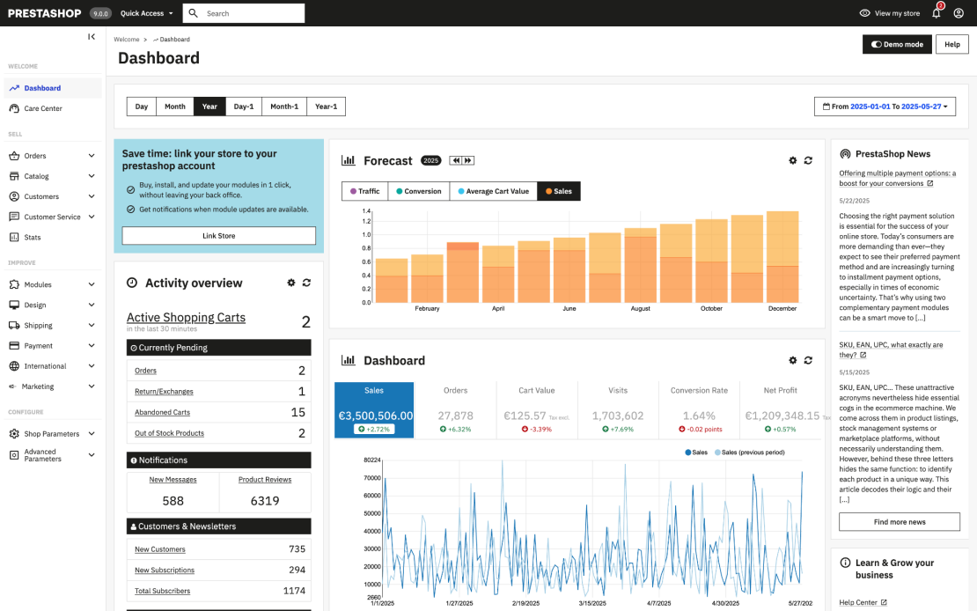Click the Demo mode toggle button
point(897,44)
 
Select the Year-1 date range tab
point(326,107)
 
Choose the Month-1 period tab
point(283,107)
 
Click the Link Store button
point(218,236)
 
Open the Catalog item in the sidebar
point(36,176)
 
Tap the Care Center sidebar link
point(42,108)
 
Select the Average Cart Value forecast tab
point(493,191)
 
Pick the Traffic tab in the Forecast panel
point(364,191)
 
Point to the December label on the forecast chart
point(782,309)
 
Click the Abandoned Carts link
point(162,412)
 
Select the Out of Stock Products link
point(169,433)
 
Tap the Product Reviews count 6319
point(264,501)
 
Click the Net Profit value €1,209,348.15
point(782,416)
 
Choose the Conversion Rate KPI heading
point(699,391)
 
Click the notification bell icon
point(937,13)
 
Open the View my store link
point(890,13)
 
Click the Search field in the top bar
point(251,13)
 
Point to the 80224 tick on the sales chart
point(371,460)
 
